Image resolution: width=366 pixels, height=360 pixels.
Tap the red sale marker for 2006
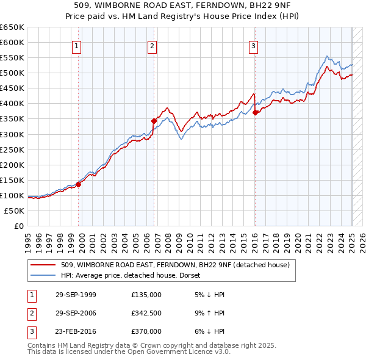pos(154,121)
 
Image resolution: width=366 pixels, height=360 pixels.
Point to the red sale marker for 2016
pos(255,112)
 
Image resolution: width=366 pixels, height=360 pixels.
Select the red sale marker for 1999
pos(79,184)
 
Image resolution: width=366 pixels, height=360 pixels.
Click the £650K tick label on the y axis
pos(12,27)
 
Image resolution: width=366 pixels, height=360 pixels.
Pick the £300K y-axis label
pos(12,134)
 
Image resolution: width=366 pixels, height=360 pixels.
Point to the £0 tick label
pos(18,226)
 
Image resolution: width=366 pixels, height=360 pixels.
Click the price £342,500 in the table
pos(146,313)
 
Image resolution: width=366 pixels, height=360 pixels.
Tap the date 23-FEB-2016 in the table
pos(76,331)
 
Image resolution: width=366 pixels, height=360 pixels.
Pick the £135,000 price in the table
pos(146,295)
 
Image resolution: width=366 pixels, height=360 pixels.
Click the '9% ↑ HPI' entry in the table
pos(208,313)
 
